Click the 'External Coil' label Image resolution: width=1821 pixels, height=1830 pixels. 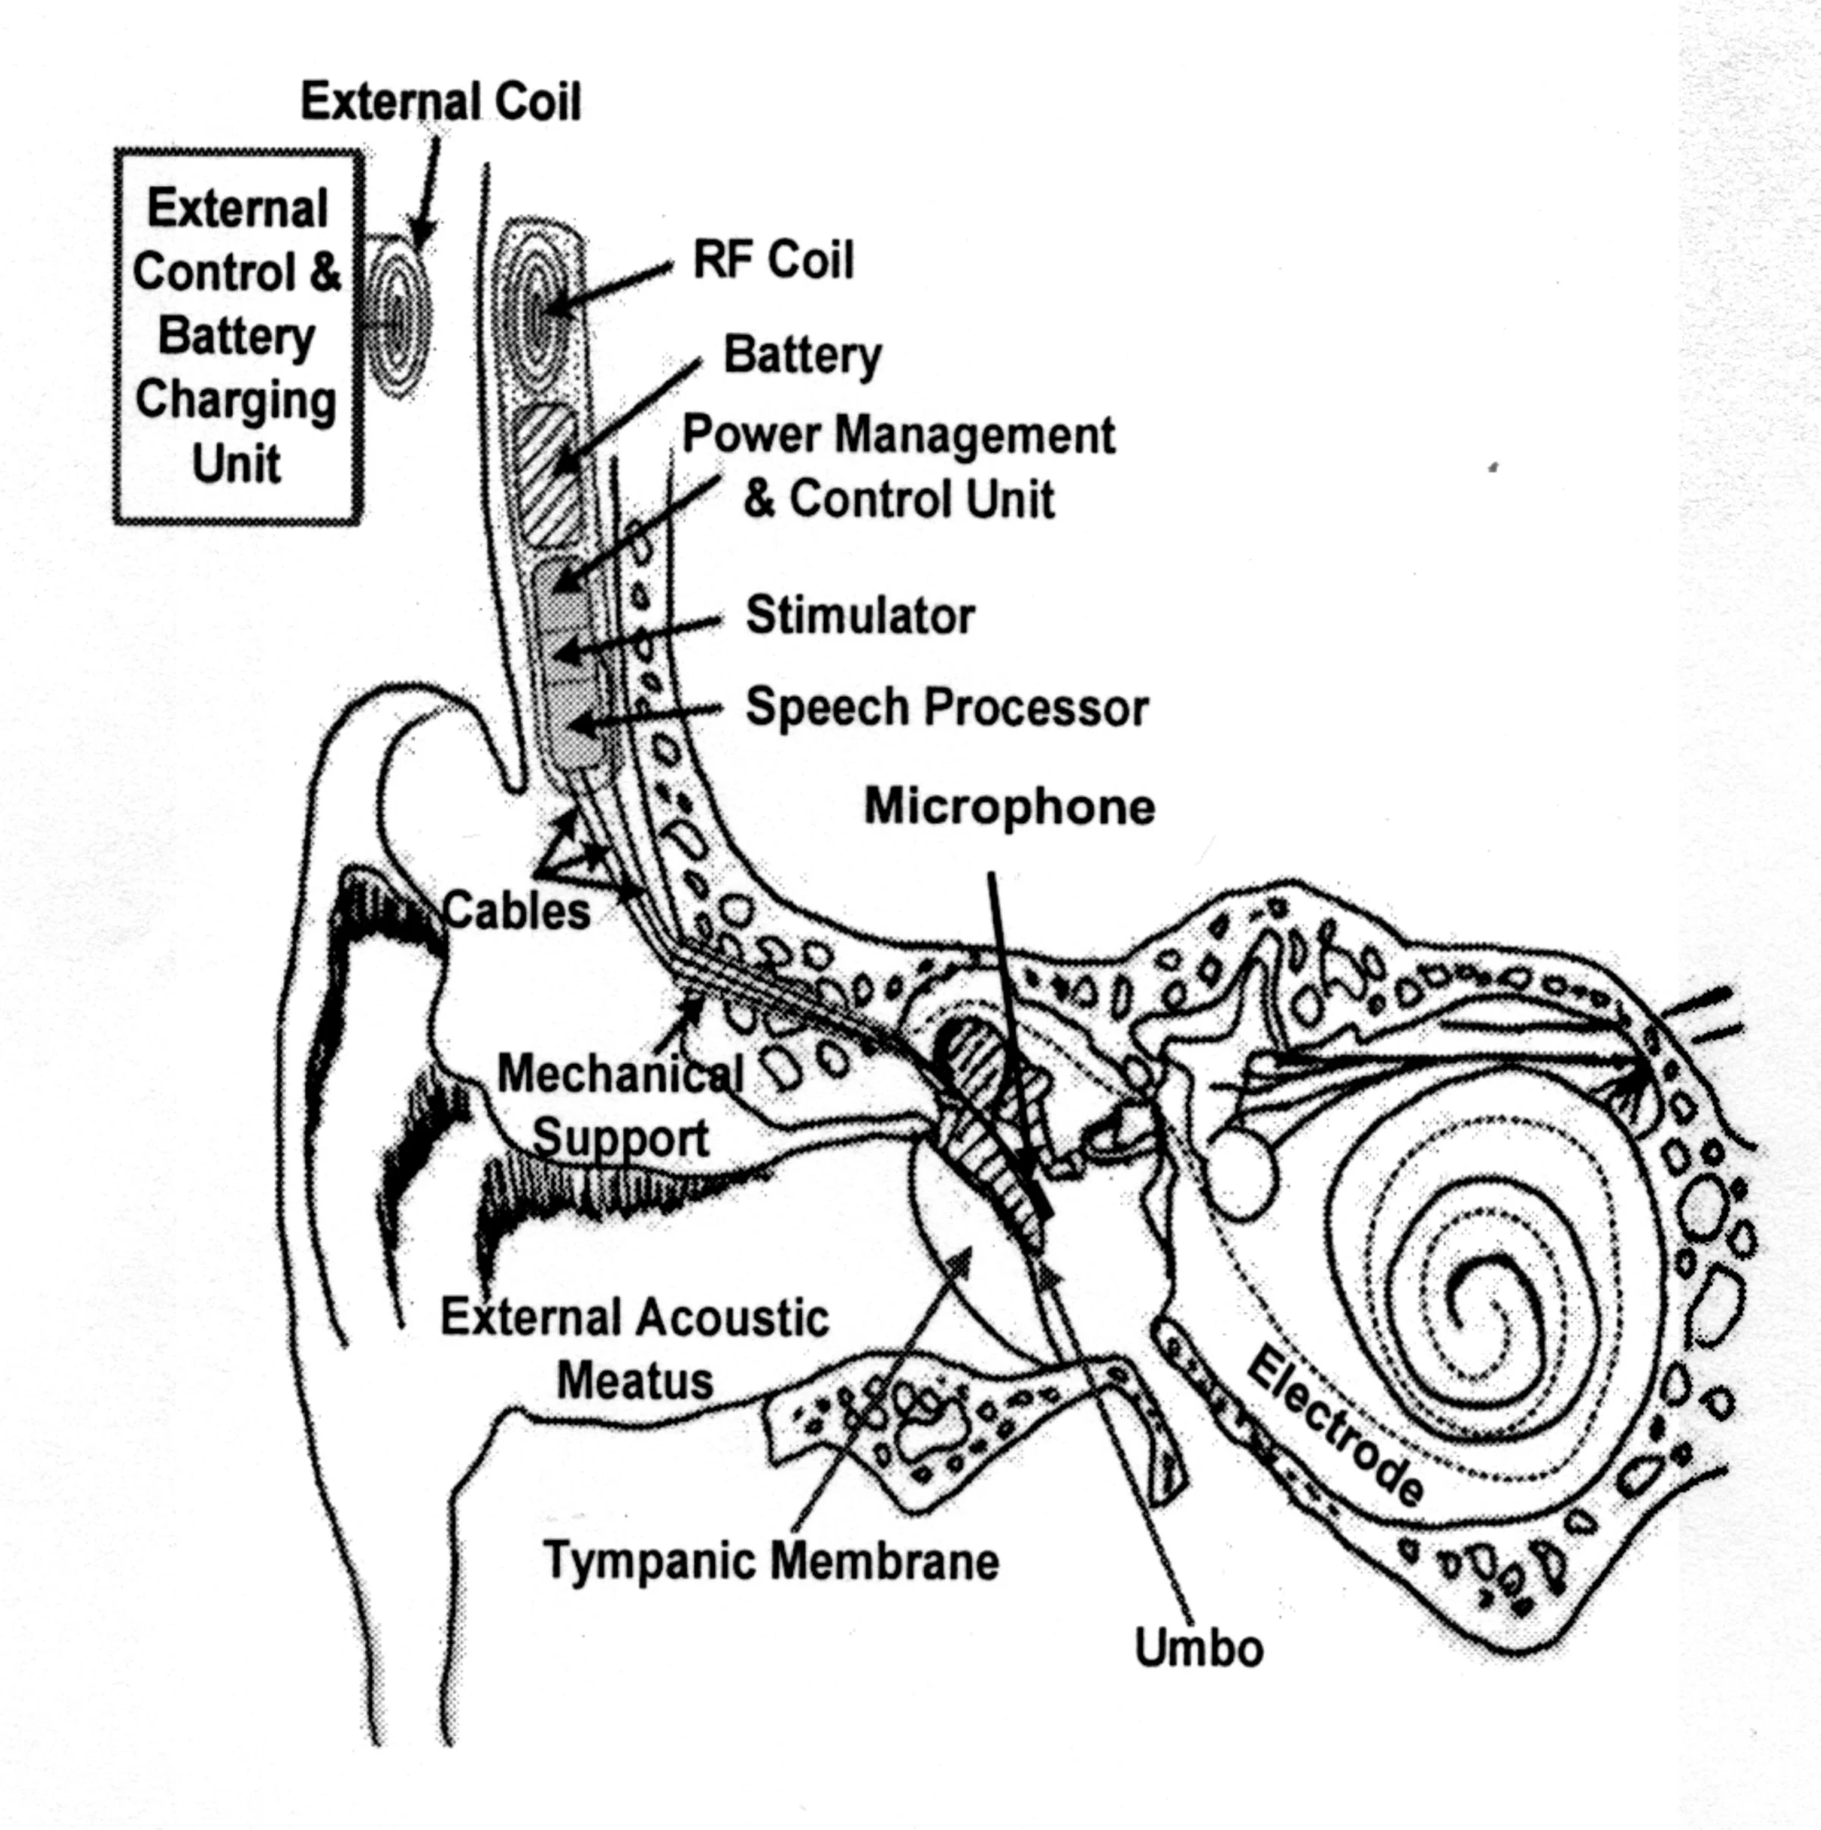441,102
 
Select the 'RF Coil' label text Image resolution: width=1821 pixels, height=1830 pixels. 773,259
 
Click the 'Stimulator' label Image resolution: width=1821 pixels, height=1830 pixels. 860,616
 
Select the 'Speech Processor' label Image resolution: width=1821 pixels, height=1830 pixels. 946,708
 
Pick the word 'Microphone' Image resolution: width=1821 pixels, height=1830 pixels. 1009,807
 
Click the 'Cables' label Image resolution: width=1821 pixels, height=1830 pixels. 517,912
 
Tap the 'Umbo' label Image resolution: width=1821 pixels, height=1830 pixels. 1199,1648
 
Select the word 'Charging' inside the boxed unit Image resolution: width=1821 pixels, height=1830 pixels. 236,400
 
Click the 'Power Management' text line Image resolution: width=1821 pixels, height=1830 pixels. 898,436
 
